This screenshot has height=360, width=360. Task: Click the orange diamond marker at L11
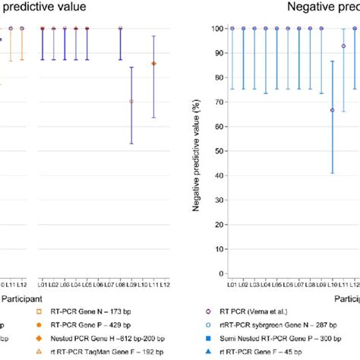154,64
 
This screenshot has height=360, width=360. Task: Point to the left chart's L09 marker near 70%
131,101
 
